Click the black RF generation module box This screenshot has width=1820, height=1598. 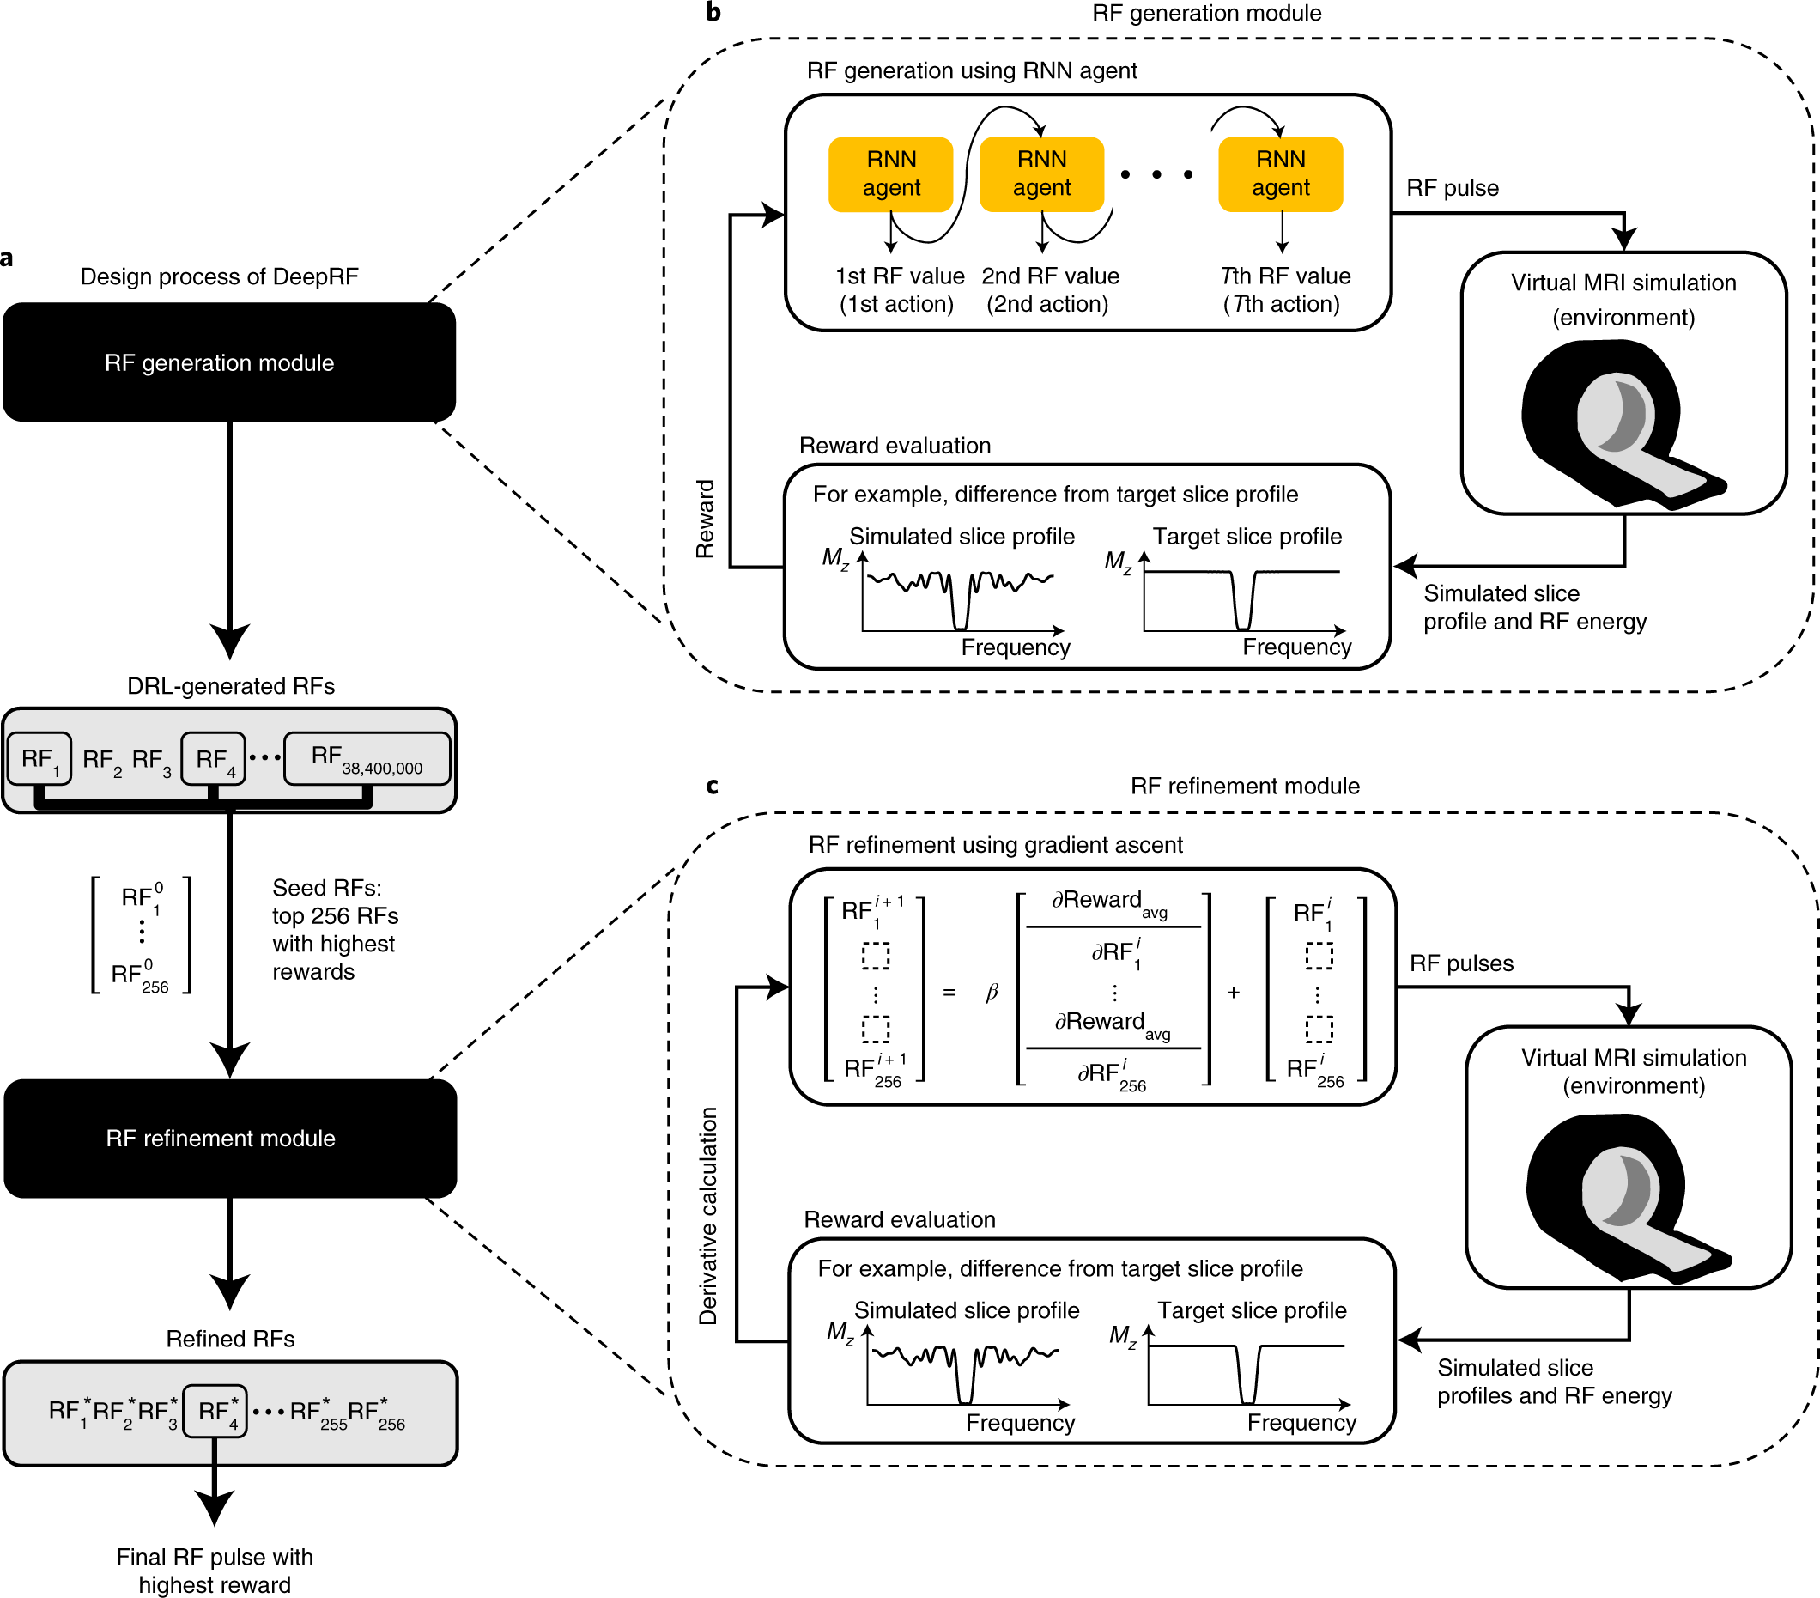pos(229,362)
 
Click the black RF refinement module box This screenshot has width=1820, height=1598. pos(230,1138)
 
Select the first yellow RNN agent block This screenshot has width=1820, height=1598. pos(890,173)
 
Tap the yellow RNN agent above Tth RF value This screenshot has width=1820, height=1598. pos(1279,173)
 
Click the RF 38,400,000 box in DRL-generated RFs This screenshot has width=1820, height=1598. pos(366,758)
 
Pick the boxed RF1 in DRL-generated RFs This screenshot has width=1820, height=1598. pos(39,758)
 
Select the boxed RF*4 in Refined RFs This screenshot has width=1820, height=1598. pos(215,1410)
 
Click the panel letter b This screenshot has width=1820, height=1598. pos(713,13)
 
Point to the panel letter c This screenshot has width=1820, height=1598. pos(712,786)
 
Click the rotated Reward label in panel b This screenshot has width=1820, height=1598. pos(705,519)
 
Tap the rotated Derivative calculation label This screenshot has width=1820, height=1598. pos(708,1215)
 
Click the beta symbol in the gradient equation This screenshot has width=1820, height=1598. pos(992,992)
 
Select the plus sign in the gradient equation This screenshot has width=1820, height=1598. pos(1233,992)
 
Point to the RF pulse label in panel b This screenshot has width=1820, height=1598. pos(1453,188)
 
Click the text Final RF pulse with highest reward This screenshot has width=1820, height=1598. pos(215,1570)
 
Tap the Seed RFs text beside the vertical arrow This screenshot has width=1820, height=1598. pos(334,929)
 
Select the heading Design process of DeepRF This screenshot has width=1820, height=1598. pos(219,276)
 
